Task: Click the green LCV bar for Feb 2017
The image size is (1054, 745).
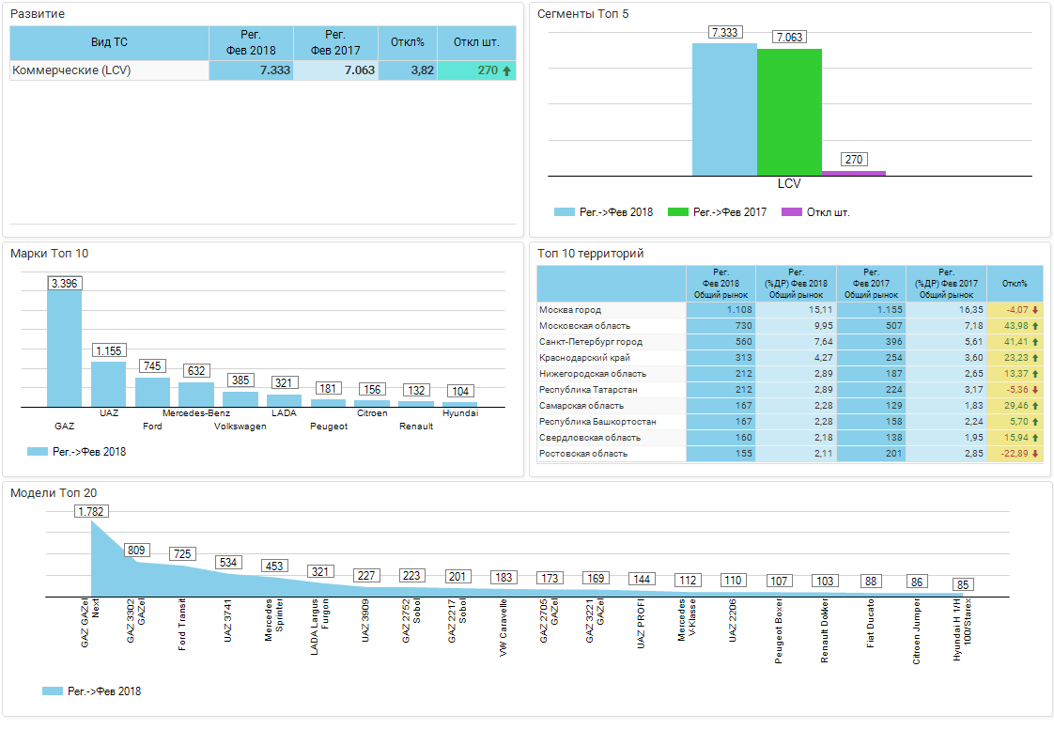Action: coord(789,112)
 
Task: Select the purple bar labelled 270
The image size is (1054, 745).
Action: coord(854,173)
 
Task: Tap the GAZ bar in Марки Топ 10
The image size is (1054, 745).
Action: coord(65,348)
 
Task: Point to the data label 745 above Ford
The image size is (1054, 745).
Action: coord(152,365)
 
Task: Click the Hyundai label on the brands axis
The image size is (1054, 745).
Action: coord(460,412)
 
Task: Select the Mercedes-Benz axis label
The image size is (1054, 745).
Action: coord(196,412)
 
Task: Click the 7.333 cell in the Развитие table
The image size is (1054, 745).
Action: coord(251,70)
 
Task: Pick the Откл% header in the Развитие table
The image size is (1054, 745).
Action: coord(408,42)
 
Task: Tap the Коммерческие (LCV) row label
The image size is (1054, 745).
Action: coord(71,70)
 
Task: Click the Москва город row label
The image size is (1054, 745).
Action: coord(570,310)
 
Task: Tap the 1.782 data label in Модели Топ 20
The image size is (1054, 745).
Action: coord(91,511)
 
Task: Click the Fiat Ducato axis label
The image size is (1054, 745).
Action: coord(871,623)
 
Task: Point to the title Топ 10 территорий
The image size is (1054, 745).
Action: coord(590,254)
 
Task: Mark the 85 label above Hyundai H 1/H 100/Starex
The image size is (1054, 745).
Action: coord(963,584)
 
